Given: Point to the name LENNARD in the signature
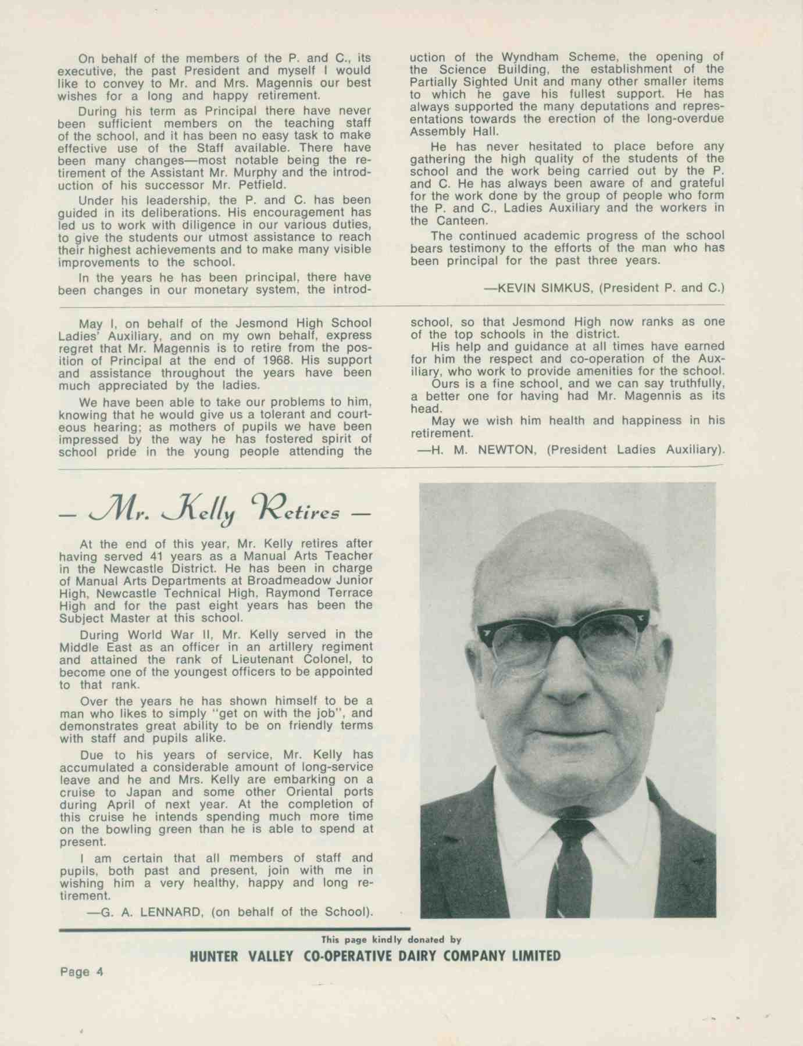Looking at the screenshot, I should [x=169, y=912].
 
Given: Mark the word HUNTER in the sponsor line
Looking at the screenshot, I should [x=214, y=956].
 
